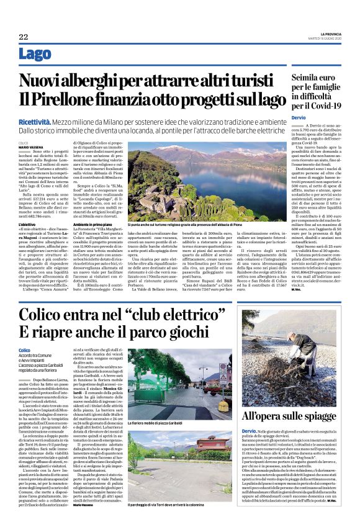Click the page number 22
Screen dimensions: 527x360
(x=23, y=37)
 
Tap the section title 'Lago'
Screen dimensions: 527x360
(x=35, y=54)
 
